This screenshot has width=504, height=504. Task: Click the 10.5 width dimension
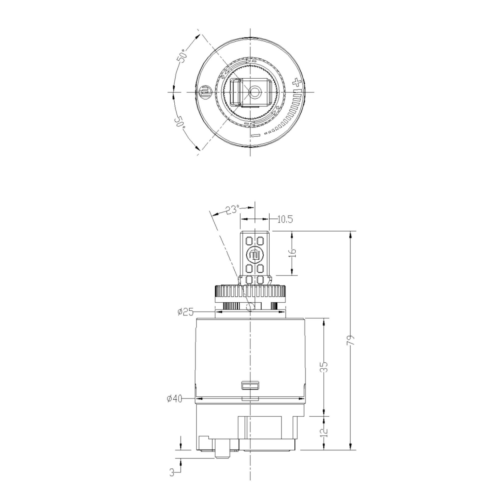tap(285, 219)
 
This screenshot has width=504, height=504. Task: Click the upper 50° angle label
tap(181, 55)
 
